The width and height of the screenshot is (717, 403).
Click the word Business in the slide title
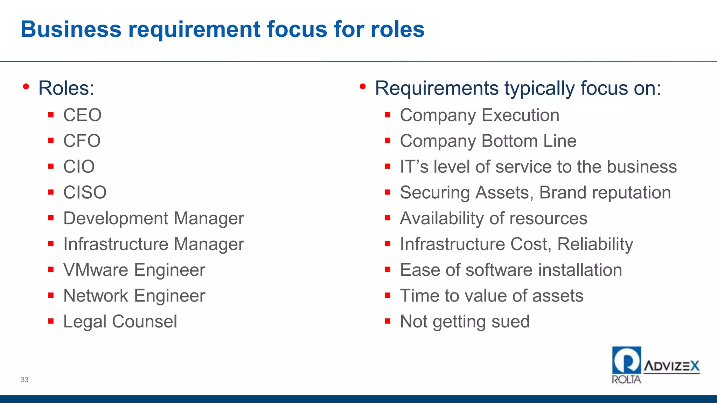[x=71, y=29]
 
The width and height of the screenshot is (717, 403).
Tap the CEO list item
[x=82, y=115]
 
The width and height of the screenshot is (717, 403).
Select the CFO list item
[x=82, y=141]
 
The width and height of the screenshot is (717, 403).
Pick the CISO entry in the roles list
[x=85, y=192]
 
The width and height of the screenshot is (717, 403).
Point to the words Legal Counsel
[x=120, y=321]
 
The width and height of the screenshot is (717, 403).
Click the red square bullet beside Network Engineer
[x=51, y=296]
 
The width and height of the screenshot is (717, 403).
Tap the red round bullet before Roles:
[x=26, y=86]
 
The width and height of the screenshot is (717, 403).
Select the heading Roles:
[x=66, y=88]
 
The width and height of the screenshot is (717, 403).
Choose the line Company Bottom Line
[x=488, y=141]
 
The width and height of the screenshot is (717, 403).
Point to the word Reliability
[x=595, y=244]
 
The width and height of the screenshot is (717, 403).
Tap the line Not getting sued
[x=465, y=321]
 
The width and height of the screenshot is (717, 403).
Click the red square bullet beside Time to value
[x=388, y=296]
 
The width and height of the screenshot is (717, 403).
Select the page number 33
[x=25, y=380]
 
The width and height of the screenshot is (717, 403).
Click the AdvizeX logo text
[x=671, y=366]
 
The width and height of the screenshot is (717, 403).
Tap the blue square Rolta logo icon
[x=626, y=360]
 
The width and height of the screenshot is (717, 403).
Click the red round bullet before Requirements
[x=363, y=86]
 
